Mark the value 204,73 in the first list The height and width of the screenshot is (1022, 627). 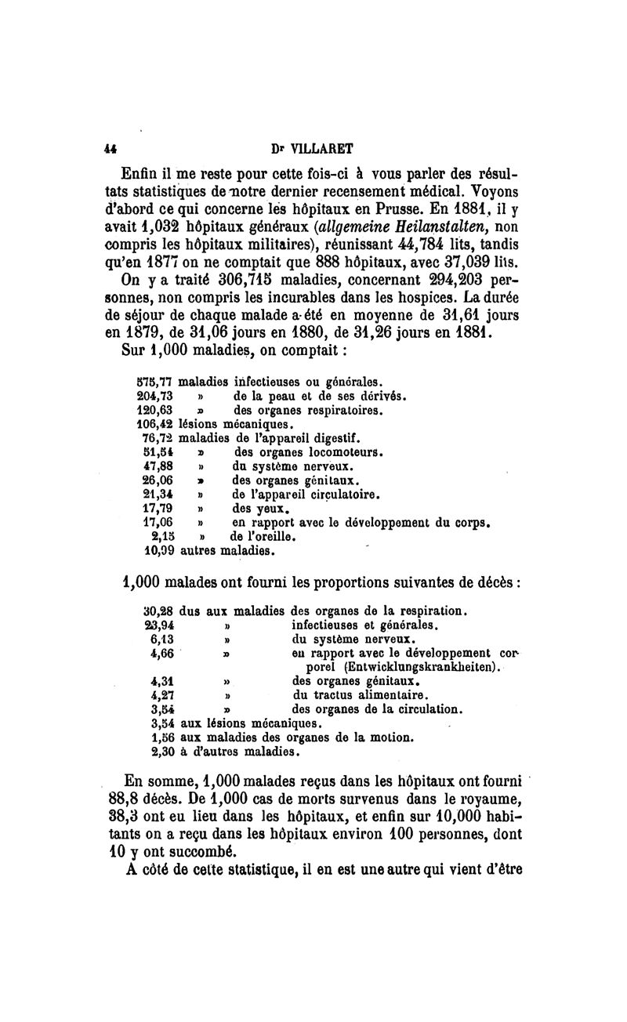[154, 397]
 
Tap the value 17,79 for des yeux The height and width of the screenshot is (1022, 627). [157, 508]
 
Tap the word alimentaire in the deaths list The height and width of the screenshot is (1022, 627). [390, 695]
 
